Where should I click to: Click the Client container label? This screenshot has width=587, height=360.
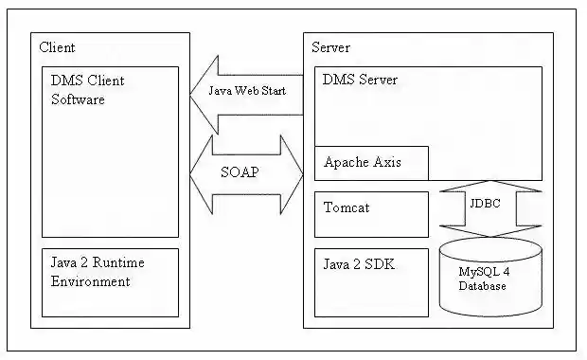tap(58, 47)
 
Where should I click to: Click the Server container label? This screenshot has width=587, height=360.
tap(331, 47)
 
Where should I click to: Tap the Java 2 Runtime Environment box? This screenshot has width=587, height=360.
tap(110, 281)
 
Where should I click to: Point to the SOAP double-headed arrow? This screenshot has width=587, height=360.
tap(246, 174)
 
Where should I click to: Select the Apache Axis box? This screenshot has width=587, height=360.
tap(371, 163)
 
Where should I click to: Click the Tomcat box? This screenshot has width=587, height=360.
tap(371, 213)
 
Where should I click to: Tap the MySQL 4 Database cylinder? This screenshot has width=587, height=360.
tap(490, 278)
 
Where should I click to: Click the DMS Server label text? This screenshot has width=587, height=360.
tap(361, 81)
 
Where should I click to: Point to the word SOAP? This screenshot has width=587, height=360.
tap(240, 174)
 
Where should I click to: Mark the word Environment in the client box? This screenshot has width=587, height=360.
tap(91, 281)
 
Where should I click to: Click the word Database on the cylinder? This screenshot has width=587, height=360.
tap(484, 285)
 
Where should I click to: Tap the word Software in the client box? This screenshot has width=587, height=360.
tap(78, 99)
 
